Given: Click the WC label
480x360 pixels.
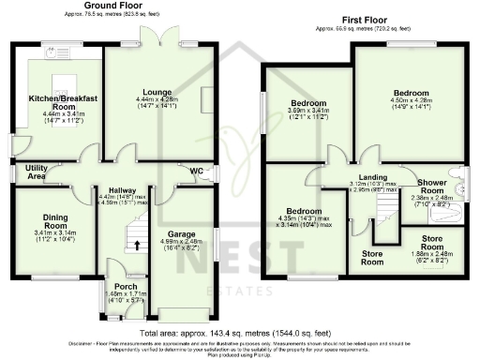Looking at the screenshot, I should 196,172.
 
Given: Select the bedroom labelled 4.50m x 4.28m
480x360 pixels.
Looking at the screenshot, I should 411,95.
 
